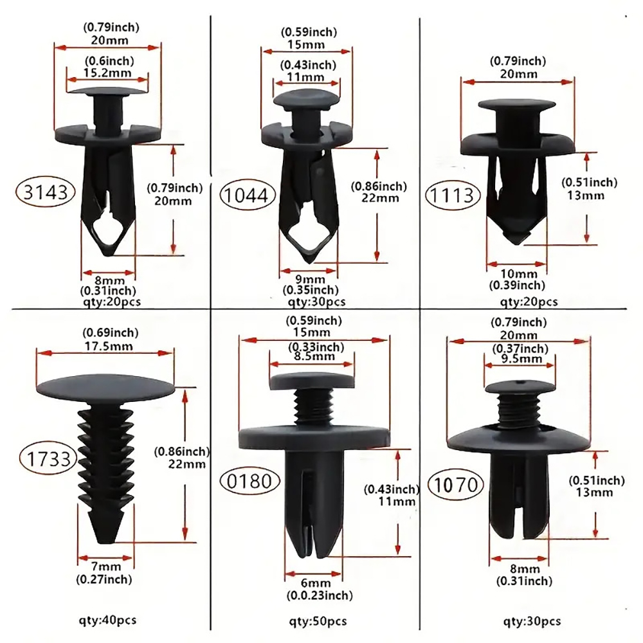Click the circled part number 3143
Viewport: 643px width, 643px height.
(45, 192)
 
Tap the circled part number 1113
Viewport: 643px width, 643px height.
(452, 195)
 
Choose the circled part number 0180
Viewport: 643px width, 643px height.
(249, 480)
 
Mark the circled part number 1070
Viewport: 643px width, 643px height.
(456, 484)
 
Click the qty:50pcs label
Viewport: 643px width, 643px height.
(318, 622)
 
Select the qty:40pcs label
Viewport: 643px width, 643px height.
(107, 620)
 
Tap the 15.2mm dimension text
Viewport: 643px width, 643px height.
(108, 73)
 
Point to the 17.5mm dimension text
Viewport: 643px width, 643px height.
(109, 346)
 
